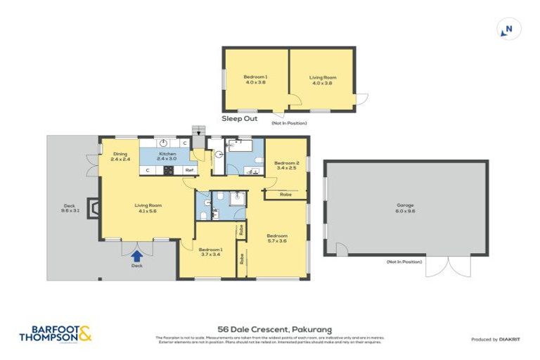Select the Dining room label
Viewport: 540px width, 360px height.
(x=120, y=156)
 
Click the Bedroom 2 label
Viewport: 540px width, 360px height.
(x=287, y=165)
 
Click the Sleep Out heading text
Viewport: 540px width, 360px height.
(x=240, y=120)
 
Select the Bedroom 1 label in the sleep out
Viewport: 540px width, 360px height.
(x=255, y=79)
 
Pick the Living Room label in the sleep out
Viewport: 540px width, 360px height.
(x=321, y=79)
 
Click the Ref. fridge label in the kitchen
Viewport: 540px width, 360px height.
(x=188, y=170)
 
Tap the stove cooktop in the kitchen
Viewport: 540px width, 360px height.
(x=169, y=170)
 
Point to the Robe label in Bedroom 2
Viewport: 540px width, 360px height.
(x=285, y=194)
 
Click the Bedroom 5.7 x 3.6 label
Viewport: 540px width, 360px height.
(x=276, y=238)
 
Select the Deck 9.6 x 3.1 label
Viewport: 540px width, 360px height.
(x=70, y=209)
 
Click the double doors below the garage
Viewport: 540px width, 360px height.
(x=449, y=266)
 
